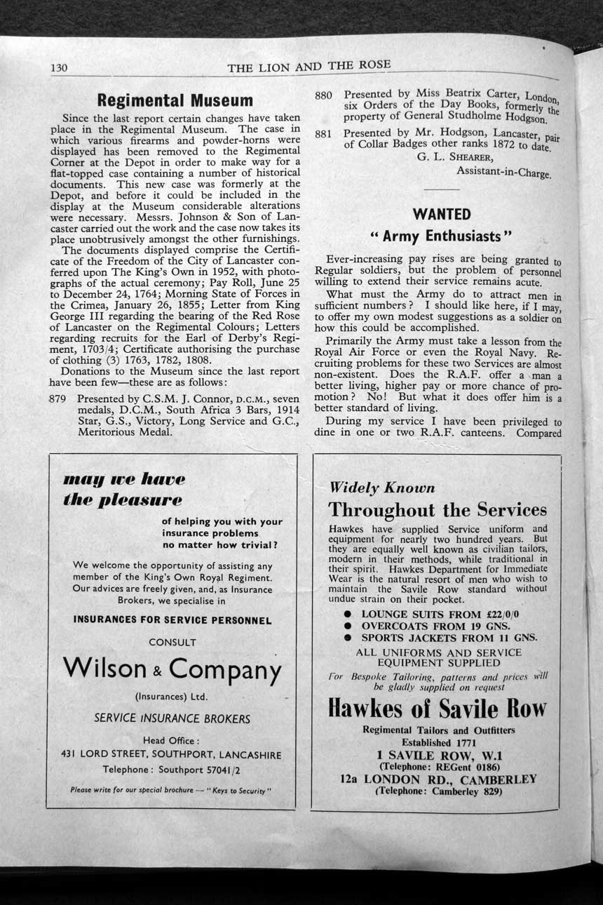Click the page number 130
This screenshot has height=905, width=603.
point(58,68)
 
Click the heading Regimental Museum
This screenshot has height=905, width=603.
point(175,100)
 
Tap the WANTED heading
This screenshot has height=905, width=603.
point(442,213)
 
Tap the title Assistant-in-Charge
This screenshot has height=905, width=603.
point(503,170)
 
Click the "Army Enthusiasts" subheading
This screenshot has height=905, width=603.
point(442,234)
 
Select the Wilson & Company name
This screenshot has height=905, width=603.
point(172,668)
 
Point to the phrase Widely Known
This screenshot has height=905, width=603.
point(382,488)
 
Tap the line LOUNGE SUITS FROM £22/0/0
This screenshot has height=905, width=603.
point(440,614)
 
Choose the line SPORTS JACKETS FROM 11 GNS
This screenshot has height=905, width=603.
point(449,638)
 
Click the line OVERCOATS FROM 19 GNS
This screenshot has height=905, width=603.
point(435,626)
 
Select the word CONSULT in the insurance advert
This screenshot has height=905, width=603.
point(172,642)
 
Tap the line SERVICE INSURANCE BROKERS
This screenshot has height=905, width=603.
point(172,718)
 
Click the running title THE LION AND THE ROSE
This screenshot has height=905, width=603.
point(309,67)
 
